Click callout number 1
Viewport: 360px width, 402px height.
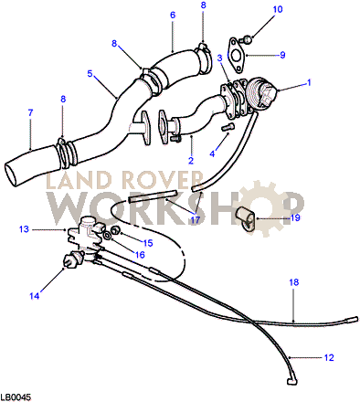[x=309, y=82]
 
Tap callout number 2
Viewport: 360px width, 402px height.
[x=191, y=162]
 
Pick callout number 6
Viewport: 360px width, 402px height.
[x=172, y=16]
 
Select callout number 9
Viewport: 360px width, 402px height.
[x=282, y=55]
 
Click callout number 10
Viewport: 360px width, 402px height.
[x=253, y=9]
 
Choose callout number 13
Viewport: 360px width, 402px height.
[x=24, y=229]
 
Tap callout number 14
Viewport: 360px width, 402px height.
[x=35, y=295]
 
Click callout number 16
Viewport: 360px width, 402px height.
[x=140, y=256]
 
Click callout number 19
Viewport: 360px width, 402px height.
[x=295, y=219]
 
